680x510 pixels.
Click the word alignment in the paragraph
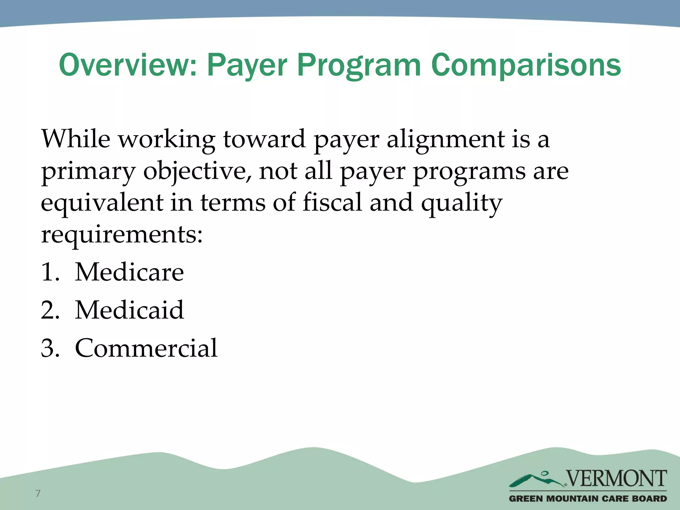pos(445,139)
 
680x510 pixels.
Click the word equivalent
pos(102,203)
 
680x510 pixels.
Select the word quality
pos(462,203)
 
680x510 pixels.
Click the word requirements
pos(122,234)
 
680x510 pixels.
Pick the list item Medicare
pos(129,272)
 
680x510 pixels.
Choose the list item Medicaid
pos(129,310)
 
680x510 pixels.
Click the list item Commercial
pos(146,348)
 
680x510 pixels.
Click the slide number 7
pos(38,493)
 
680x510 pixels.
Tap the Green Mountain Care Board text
pos(588,498)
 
